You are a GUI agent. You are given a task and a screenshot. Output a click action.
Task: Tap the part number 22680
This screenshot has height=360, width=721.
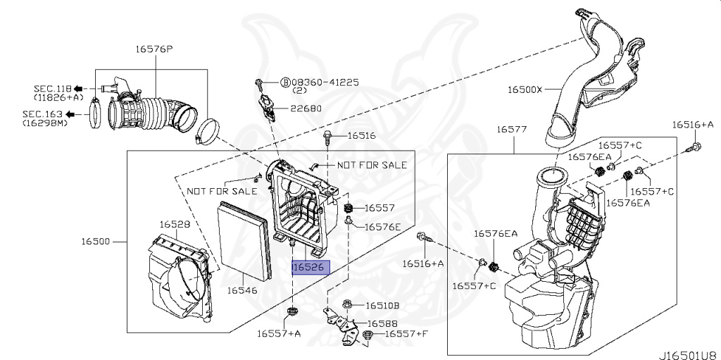pyautogui.click(x=307, y=108)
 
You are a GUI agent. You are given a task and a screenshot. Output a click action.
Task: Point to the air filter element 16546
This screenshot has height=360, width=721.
pyautogui.click(x=244, y=240)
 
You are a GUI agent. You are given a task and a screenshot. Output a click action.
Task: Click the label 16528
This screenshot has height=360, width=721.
pyautogui.click(x=174, y=224)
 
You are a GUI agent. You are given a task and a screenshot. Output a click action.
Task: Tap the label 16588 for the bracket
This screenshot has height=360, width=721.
pyautogui.click(x=382, y=323)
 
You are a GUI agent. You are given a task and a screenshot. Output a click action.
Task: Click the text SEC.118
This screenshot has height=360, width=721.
pyautogui.click(x=51, y=88)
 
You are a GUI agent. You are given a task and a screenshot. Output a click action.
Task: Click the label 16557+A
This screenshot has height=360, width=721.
pyautogui.click(x=279, y=333)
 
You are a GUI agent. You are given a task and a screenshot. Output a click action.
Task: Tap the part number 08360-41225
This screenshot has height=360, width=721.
pyautogui.click(x=326, y=82)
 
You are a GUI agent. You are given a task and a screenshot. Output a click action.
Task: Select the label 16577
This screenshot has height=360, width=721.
pyautogui.click(x=512, y=130)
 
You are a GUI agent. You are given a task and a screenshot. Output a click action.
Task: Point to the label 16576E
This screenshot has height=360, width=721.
pyautogui.click(x=382, y=227)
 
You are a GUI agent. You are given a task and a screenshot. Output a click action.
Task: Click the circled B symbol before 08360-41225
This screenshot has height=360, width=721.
pyautogui.click(x=285, y=82)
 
